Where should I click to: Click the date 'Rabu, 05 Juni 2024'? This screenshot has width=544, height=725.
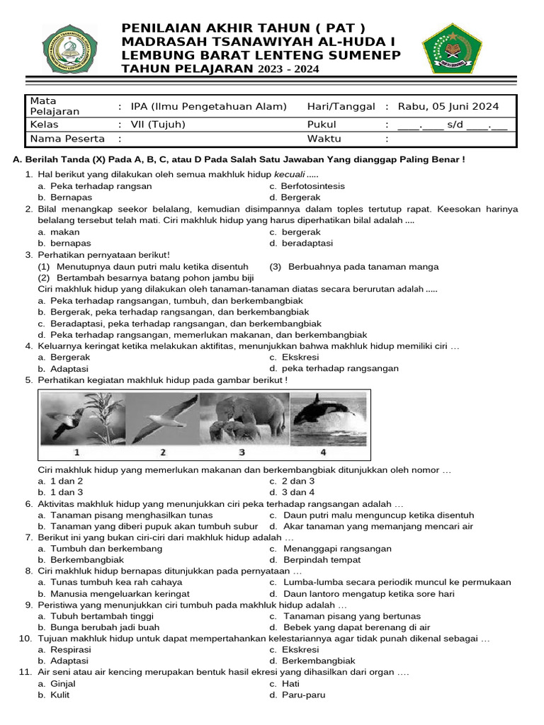(x=448, y=107)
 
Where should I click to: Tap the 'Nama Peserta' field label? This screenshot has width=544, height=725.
(x=67, y=139)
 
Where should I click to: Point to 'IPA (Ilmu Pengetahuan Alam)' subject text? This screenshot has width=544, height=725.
(x=209, y=107)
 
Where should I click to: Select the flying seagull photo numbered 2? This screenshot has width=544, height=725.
(x=162, y=420)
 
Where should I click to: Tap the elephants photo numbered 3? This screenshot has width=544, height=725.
(x=242, y=420)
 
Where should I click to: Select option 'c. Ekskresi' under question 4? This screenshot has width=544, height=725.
(x=293, y=358)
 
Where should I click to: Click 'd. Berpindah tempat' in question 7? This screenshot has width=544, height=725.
(x=310, y=559)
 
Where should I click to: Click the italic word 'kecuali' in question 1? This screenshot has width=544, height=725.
(x=290, y=175)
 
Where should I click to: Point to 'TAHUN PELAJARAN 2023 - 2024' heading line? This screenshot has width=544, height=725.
(x=220, y=69)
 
